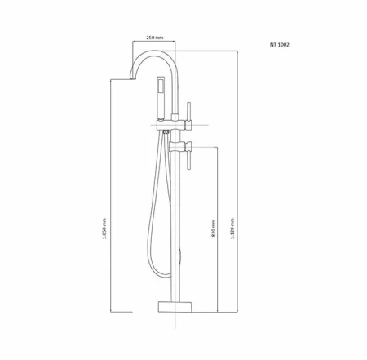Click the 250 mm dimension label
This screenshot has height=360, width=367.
[x=155, y=38]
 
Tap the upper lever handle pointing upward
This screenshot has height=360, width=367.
[x=190, y=111]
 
